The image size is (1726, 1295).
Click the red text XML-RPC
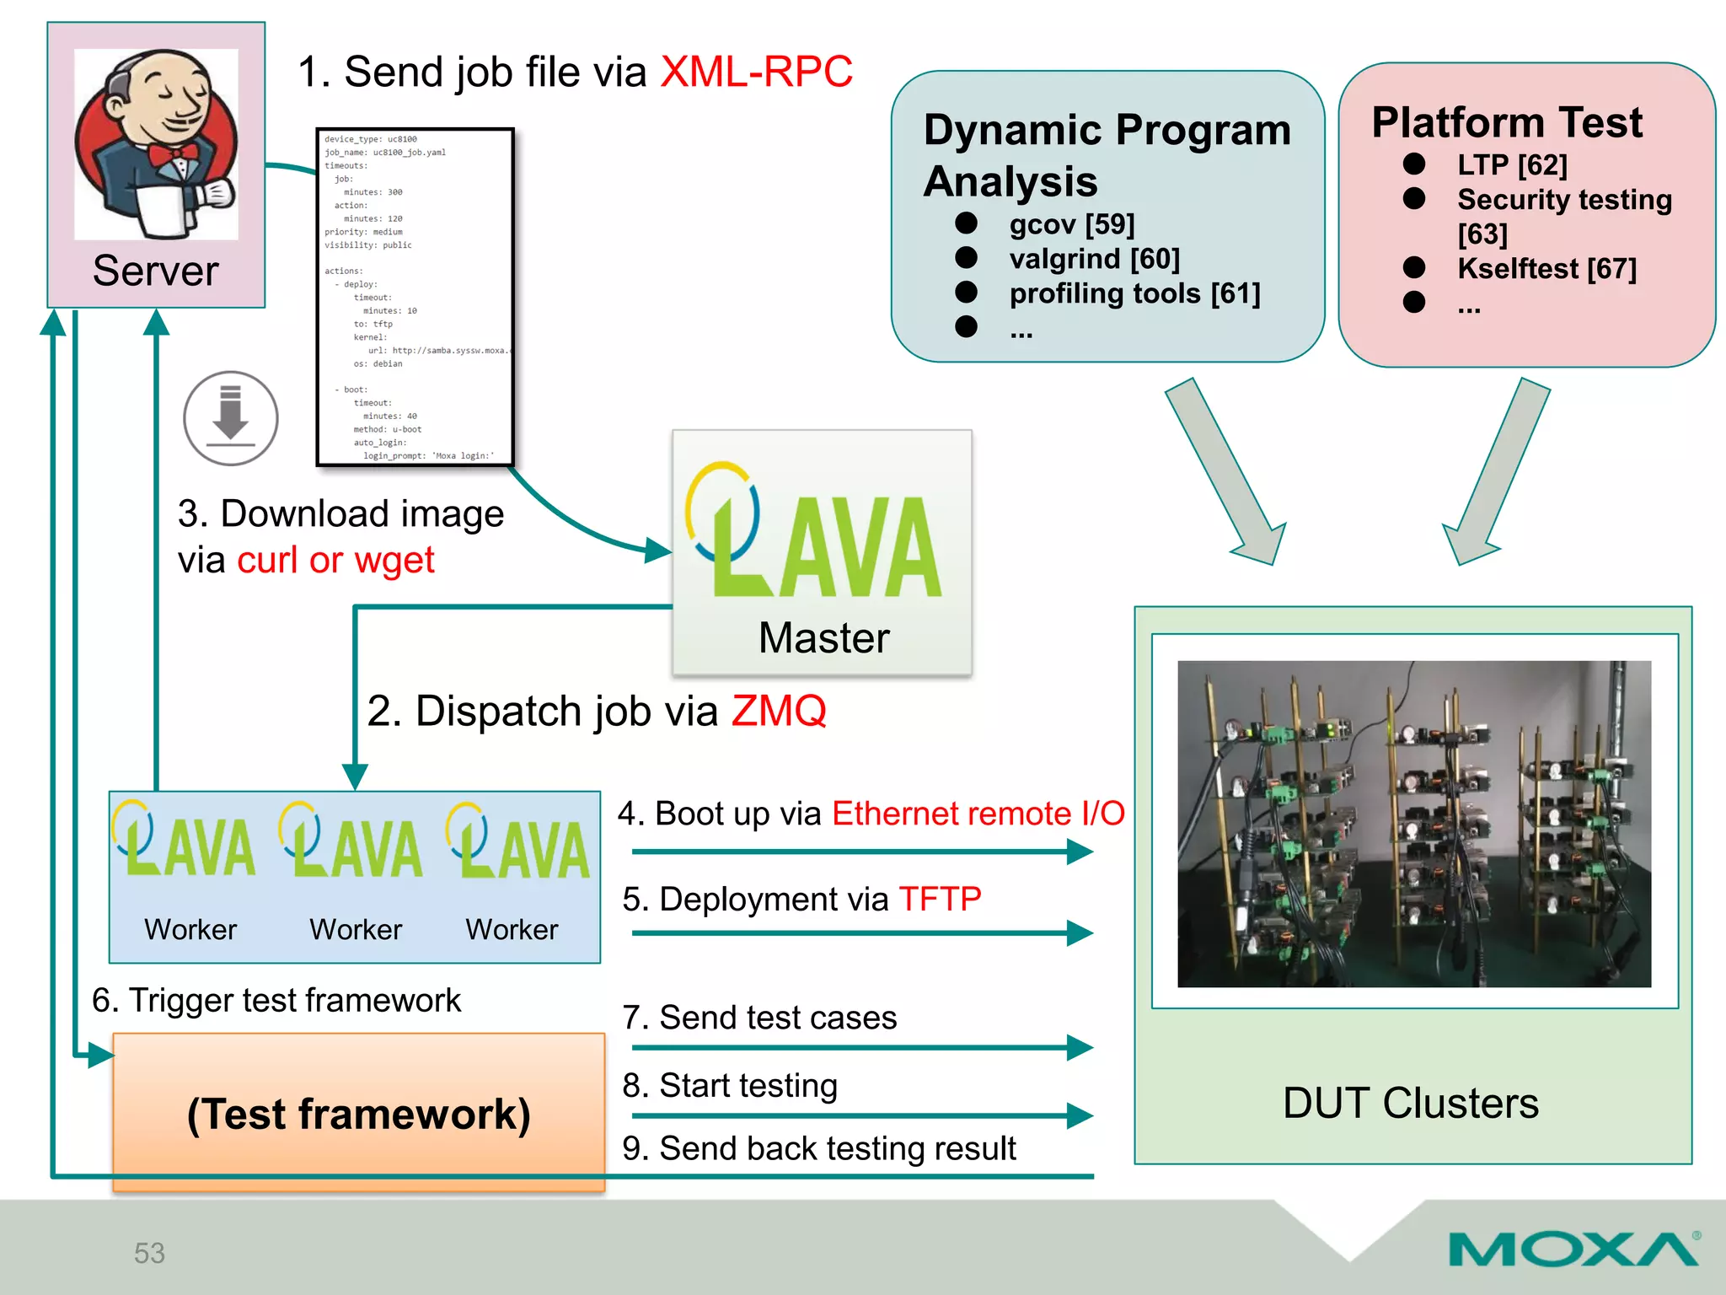pyautogui.click(x=756, y=72)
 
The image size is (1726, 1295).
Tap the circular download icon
pyautogui.click(x=230, y=418)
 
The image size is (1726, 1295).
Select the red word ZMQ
pyautogui.click(x=779, y=711)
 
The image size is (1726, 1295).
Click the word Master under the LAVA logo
pyautogui.click(x=823, y=637)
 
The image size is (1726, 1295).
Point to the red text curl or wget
pyautogui.click(x=335, y=561)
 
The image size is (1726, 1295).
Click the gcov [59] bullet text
pyautogui.click(x=1072, y=224)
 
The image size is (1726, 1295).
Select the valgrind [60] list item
pyautogui.click(x=1094, y=259)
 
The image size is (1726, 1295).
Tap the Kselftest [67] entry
pyautogui.click(x=1546, y=269)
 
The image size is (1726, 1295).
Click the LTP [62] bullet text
pyautogui.click(x=1512, y=165)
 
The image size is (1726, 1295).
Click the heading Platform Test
pyautogui.click(x=1507, y=122)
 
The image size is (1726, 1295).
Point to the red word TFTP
pyautogui.click(x=940, y=900)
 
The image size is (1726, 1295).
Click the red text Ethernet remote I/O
pyautogui.click(x=978, y=814)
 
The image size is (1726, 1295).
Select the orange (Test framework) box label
pyautogui.click(x=359, y=1114)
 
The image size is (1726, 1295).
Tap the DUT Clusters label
pyautogui.click(x=1410, y=1103)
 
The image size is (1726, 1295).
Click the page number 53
pyautogui.click(x=149, y=1253)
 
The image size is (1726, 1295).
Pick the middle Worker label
pyautogui.click(x=356, y=929)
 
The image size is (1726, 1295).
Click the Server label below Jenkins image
pyautogui.click(x=155, y=271)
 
